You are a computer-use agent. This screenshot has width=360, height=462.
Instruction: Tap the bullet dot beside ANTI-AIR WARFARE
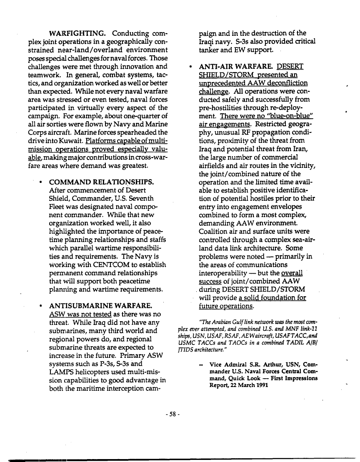click(190, 67)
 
